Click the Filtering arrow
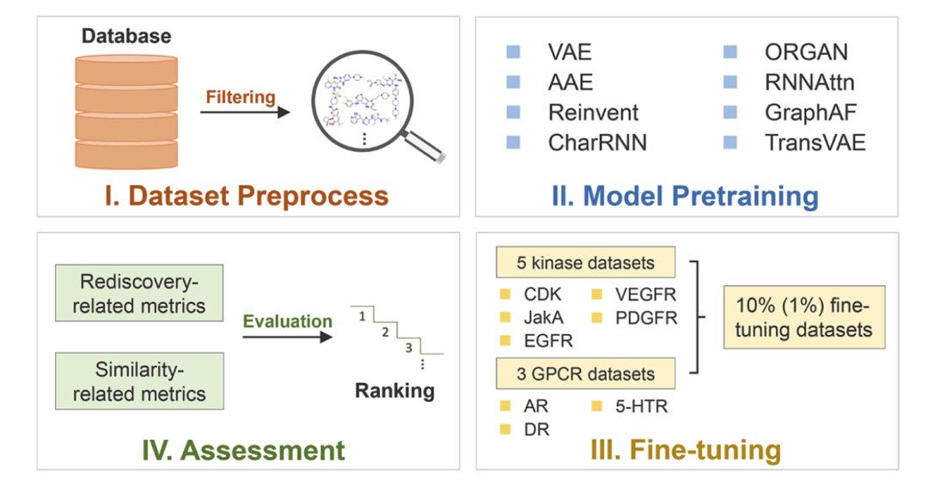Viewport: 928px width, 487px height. pos(245,112)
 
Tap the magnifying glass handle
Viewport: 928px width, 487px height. pos(424,145)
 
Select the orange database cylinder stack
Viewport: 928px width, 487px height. pos(126,112)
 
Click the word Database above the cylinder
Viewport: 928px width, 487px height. pos(126,36)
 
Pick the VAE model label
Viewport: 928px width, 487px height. pos(570,52)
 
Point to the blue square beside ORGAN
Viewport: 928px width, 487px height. pos(730,52)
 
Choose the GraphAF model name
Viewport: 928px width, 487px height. pos(810,113)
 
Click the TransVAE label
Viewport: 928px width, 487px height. pos(815,143)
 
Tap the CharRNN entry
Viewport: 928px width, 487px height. pos(597,143)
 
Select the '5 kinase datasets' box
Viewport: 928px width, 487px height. pos(585,262)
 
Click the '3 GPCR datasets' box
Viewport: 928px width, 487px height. pos(585,374)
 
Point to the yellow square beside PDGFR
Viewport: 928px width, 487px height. pos(596,318)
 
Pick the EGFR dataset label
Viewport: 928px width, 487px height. pos(548,341)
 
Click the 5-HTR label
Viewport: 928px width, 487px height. pos(641,406)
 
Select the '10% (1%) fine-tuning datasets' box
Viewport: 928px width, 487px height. pos(803,317)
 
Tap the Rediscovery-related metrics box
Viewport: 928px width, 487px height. pos(139,293)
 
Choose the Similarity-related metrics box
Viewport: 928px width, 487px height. pos(139,381)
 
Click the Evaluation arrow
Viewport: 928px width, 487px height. pos(288,338)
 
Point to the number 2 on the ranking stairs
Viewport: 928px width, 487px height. pos(385,332)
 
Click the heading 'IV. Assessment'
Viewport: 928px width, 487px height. pos(243,450)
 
